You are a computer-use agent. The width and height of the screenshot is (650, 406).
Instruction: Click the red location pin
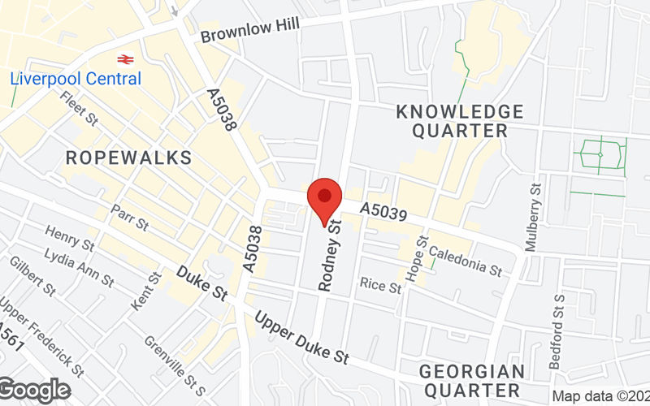pyautogui.click(x=326, y=200)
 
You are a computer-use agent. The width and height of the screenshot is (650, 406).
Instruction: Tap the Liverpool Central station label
pyautogui.click(x=76, y=79)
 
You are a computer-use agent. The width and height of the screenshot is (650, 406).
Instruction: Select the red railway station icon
pyautogui.click(x=125, y=58)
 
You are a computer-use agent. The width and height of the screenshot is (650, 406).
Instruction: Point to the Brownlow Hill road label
pyautogui.click(x=249, y=29)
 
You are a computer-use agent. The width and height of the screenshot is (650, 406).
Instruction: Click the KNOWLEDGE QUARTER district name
pyautogui.click(x=460, y=120)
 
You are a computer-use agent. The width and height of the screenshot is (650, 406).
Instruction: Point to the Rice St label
pyautogui.click(x=381, y=287)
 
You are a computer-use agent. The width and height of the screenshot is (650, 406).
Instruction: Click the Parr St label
pyautogui.click(x=129, y=218)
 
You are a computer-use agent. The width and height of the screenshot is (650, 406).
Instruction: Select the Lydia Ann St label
pyautogui.click(x=80, y=267)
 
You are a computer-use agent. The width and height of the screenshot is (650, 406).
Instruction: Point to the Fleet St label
pyautogui.click(x=79, y=109)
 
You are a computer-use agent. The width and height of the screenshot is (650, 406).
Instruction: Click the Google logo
pyautogui.click(x=34, y=390)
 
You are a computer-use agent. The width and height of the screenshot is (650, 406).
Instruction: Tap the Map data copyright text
pyautogui.click(x=600, y=396)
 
